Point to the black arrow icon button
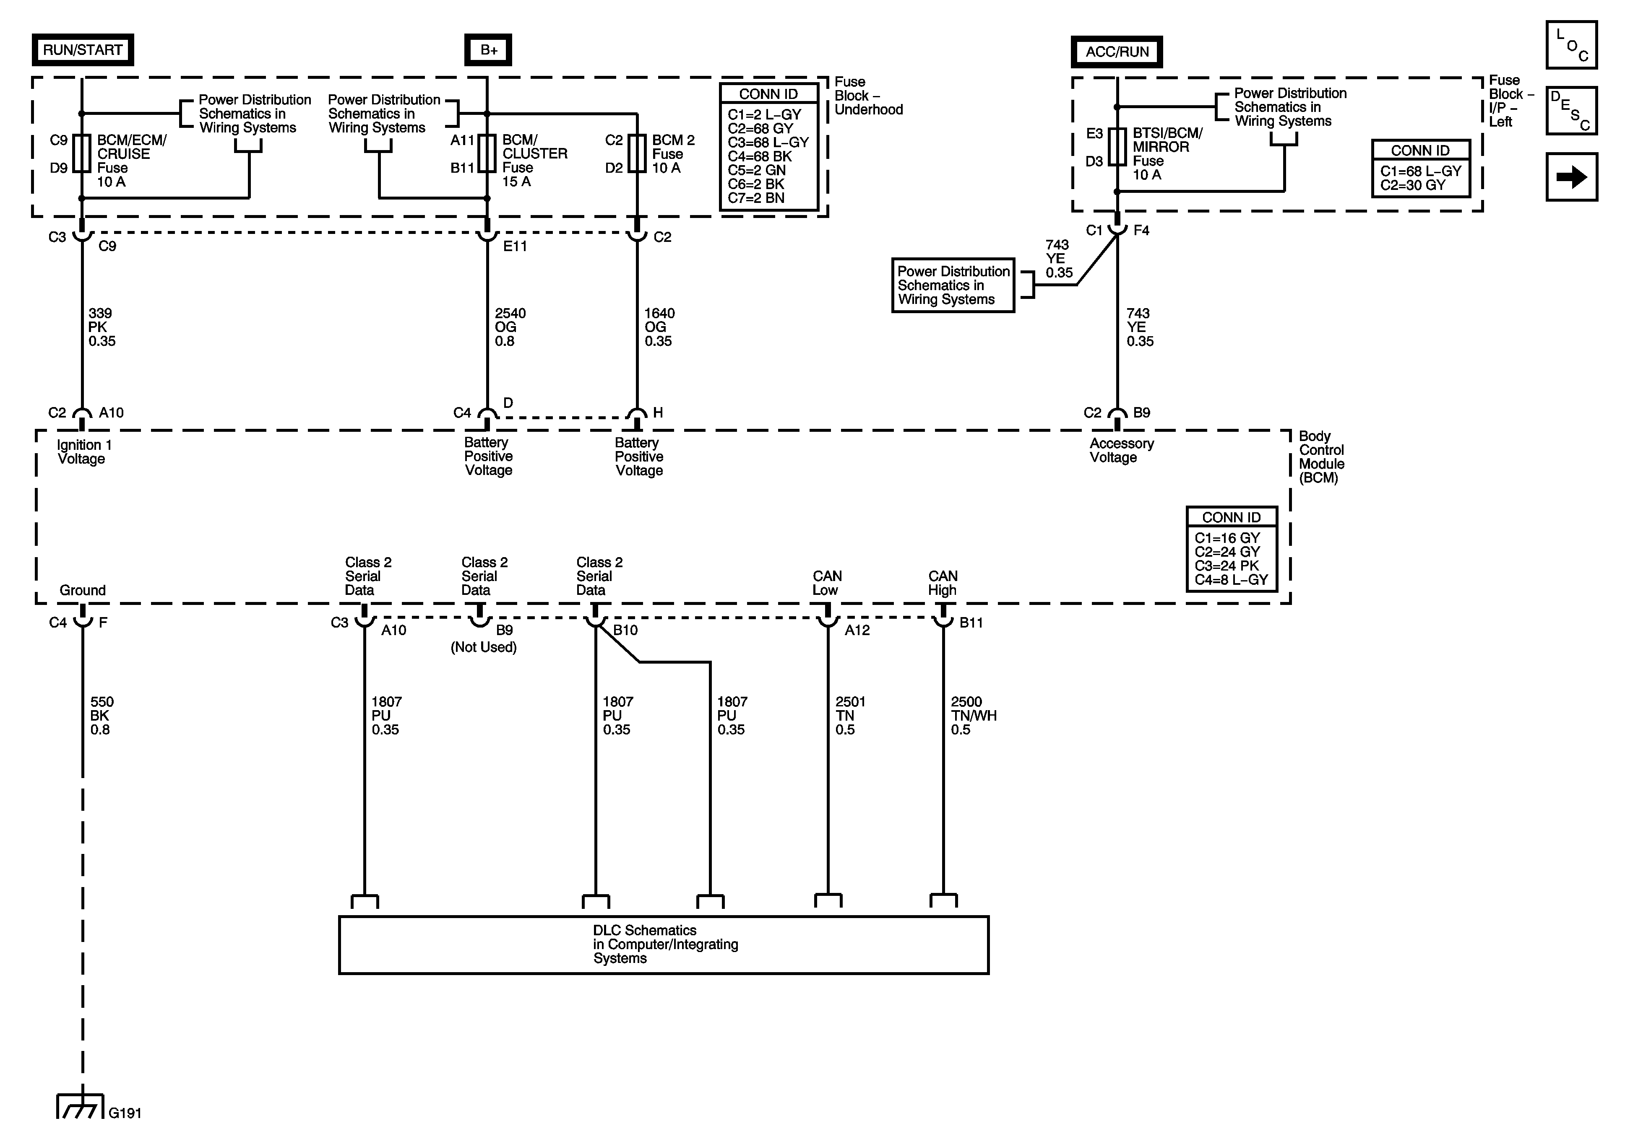tap(1571, 177)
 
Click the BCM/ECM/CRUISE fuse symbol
tap(82, 153)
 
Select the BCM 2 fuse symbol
tap(637, 153)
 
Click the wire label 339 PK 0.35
tap(101, 327)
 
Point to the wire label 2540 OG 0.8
tap(510, 327)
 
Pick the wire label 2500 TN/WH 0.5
tap(973, 715)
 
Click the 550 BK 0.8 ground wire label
tap(101, 715)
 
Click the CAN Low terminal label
tap(827, 583)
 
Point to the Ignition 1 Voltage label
tap(83, 452)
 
